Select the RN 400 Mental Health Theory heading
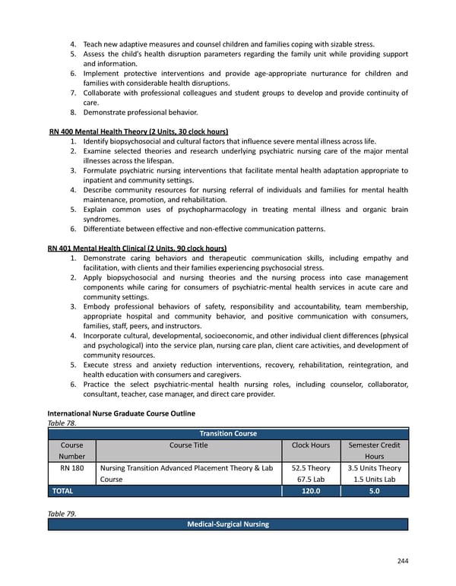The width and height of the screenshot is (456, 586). (138, 131)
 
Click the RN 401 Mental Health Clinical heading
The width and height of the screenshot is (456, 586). (137, 248)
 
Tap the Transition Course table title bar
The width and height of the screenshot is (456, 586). (228, 433)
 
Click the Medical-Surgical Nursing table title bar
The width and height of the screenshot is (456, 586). (228, 524)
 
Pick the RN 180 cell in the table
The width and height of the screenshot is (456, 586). (71, 468)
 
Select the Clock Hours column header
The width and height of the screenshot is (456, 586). (311, 445)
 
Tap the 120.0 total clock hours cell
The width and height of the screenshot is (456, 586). (311, 491)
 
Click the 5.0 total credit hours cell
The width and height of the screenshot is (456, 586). (374, 491)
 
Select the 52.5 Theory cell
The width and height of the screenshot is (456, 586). (311, 468)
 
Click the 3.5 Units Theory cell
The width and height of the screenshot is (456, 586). (374, 468)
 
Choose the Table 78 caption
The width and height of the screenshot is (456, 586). (62, 423)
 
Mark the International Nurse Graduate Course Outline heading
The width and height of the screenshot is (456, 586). (121, 413)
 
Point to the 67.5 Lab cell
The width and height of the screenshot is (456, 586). (311, 480)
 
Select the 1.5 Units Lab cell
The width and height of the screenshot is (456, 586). (374, 480)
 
